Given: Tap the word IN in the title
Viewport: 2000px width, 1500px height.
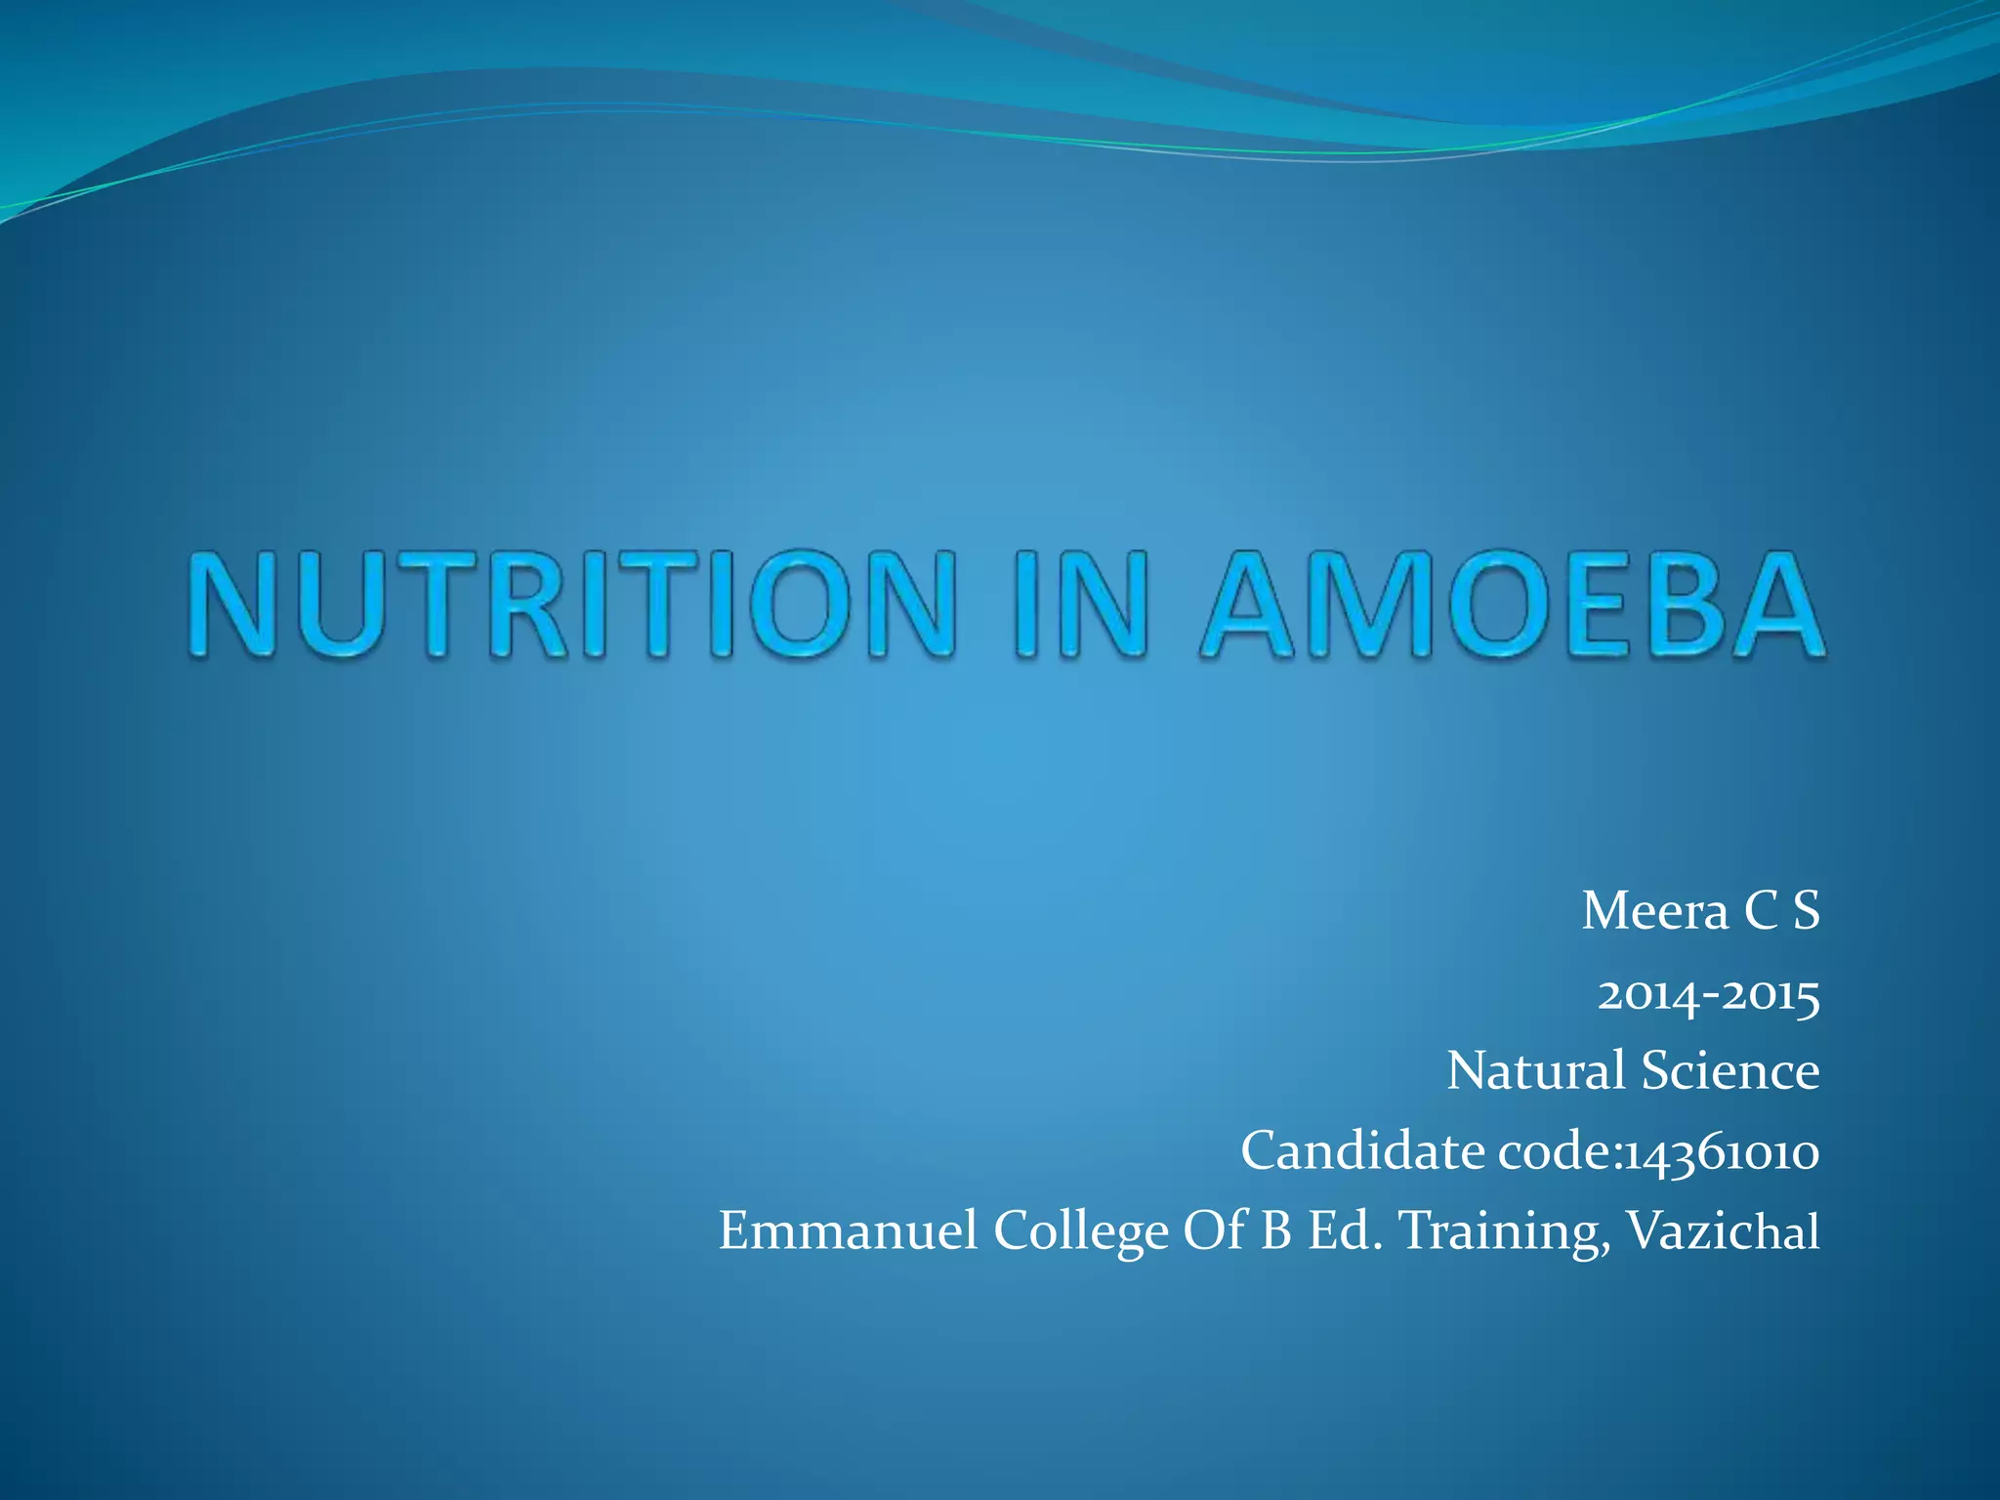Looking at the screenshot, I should (x=1079, y=604).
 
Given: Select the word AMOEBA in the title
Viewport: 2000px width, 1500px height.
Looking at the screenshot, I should (x=1512, y=604).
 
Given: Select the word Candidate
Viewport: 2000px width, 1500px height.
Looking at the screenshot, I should (x=1362, y=1150).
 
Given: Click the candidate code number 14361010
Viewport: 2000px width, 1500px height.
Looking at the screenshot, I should (x=1722, y=1152).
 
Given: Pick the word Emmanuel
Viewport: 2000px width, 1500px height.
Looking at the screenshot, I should (x=848, y=1230).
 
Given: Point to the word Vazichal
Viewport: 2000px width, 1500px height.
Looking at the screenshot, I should (x=1723, y=1230).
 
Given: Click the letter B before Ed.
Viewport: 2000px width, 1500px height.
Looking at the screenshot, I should (x=1276, y=1230).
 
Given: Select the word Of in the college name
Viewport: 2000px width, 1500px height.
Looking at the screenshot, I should (x=1214, y=1230).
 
